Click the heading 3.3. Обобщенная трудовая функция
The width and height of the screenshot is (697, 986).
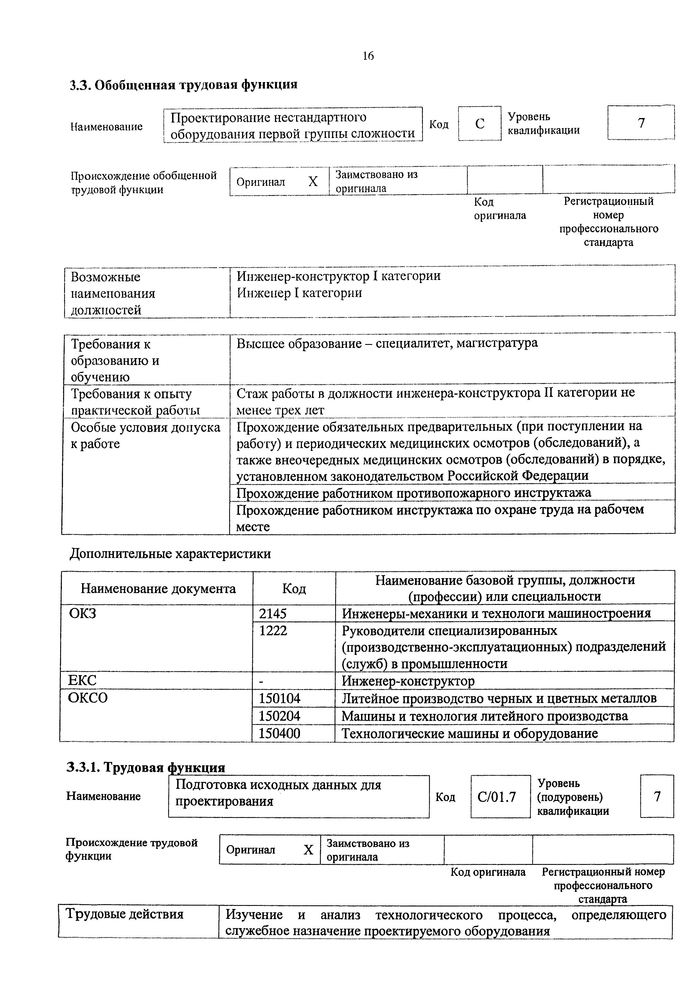click(183, 85)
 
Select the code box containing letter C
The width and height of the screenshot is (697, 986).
click(479, 124)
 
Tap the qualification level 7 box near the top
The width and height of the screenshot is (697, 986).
click(641, 123)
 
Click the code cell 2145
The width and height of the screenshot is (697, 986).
click(273, 614)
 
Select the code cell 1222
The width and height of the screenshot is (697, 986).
click(273, 631)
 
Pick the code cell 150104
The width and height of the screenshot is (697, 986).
click(279, 699)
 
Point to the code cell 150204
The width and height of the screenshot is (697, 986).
click(279, 716)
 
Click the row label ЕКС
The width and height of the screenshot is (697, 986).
click(82, 681)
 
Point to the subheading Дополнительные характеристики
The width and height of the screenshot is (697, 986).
click(170, 553)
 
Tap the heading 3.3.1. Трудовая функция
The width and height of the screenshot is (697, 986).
click(146, 767)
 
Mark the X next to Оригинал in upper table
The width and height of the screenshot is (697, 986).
click(313, 182)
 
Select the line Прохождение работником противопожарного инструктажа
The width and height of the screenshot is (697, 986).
click(414, 492)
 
